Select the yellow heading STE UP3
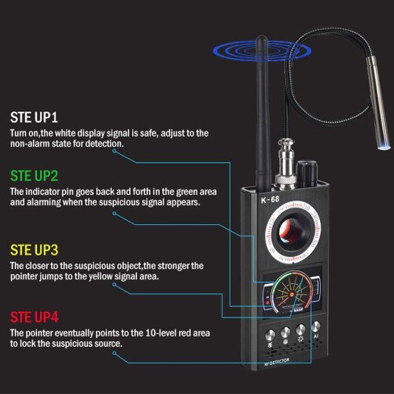coord(35,250)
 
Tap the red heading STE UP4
coord(35,317)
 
